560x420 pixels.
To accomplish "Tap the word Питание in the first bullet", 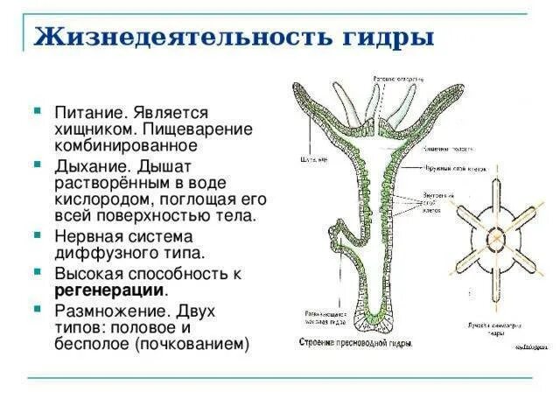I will [93, 113].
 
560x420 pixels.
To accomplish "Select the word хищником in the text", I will [96, 129].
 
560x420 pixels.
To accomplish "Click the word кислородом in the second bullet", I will [101, 199].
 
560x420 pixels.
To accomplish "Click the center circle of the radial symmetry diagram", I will [495, 236].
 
